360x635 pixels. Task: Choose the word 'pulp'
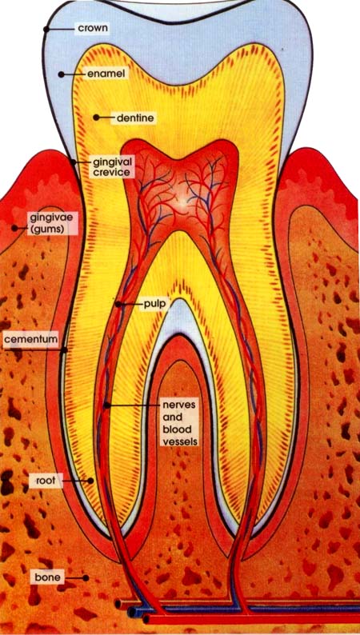tap(154, 304)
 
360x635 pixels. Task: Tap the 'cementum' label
tap(31, 339)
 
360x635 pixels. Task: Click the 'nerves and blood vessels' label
tap(180, 423)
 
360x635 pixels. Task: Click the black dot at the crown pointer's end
tap(46, 29)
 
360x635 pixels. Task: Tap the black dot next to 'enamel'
tap(61, 74)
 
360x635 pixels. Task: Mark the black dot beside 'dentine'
tap(96, 118)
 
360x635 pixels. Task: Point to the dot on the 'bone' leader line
tap(86, 577)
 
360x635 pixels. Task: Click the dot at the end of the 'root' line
tap(90, 481)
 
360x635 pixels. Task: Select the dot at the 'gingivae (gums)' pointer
tap(14, 229)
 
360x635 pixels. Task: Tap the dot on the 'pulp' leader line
tap(118, 304)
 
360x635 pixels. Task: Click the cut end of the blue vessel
tap(130, 611)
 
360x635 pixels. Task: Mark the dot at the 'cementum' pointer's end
tap(63, 350)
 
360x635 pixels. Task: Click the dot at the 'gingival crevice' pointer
tap(74, 162)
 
